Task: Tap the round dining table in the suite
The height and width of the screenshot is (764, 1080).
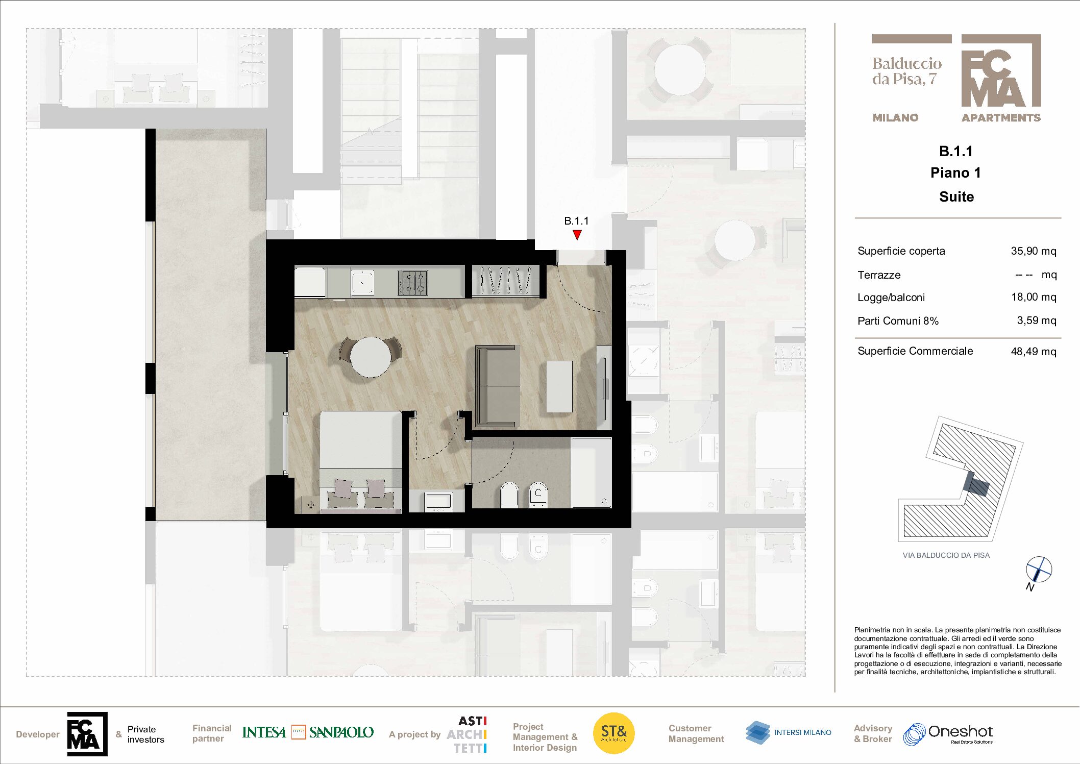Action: point(371,357)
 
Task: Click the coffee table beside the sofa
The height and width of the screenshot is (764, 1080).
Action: point(559,386)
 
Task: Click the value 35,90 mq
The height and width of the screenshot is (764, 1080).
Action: point(1034,251)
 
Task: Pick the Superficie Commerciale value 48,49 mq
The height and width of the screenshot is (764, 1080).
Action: point(1034,352)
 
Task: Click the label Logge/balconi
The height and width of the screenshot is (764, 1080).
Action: point(891,298)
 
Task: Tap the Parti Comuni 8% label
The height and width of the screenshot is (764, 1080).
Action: point(898,321)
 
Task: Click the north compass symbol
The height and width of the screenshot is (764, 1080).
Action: point(1039,570)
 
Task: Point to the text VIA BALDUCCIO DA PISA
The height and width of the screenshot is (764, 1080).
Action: point(946,555)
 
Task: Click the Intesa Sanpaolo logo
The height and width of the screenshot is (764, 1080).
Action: point(308,732)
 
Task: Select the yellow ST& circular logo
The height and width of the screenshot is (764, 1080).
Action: point(613,733)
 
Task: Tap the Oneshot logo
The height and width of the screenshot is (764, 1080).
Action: point(948,734)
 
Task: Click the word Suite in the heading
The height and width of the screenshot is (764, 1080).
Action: point(956,196)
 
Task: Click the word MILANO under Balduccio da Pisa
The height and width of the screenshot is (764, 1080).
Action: point(895,118)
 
